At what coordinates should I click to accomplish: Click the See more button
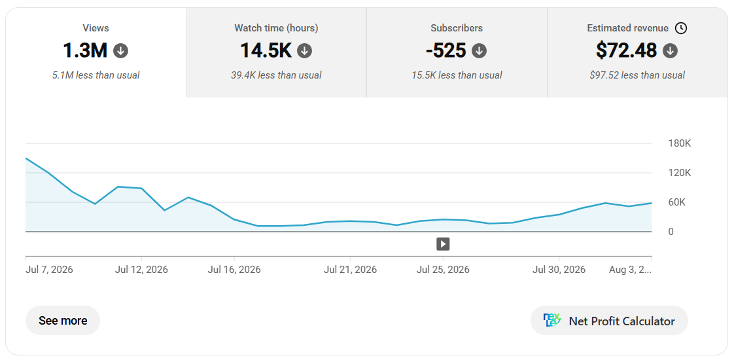pos(63,321)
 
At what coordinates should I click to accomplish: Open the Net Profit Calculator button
pos(609,321)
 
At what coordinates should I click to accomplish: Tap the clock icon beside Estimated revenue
pos(681,28)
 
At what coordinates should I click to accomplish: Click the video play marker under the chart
pos(443,244)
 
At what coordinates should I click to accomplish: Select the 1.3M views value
pos(85,50)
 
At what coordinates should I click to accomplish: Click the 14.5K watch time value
pos(266,50)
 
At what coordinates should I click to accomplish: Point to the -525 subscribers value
pos(446,50)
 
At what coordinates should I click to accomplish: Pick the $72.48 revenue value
pos(626,50)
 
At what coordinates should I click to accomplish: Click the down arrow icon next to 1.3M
pos(121,50)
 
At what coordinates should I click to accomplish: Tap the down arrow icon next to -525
pos(480,50)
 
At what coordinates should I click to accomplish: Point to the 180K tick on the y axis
pos(679,143)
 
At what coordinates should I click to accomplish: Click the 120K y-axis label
pos(679,173)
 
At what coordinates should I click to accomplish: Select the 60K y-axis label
pos(677,202)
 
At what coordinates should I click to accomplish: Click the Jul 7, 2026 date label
pos(49,270)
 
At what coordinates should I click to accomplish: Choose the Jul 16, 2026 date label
pos(234,270)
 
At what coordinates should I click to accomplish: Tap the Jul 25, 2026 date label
pos(443,270)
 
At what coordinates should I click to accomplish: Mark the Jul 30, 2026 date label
pos(559,270)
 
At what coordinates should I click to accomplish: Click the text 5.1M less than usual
pos(96,75)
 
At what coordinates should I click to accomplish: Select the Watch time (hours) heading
pos(276,28)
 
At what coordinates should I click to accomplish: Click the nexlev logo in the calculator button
pos(551,321)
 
